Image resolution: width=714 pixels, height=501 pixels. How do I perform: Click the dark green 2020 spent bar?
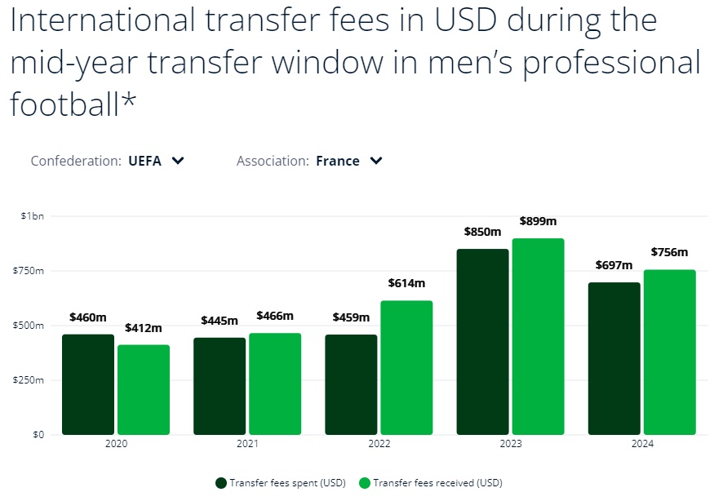tap(88, 384)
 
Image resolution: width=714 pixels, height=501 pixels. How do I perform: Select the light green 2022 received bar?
tap(406, 367)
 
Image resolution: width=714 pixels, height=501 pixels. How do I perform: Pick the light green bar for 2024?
tap(669, 352)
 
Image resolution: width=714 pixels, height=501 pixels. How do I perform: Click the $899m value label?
tap(538, 221)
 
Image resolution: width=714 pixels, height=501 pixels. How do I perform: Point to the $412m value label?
tap(144, 328)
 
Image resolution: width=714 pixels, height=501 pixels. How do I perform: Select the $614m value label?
tap(406, 283)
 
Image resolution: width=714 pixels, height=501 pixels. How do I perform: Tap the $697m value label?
tap(614, 265)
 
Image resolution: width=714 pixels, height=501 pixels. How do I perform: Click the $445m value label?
tap(220, 320)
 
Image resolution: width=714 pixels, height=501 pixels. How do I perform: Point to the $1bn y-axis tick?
tap(33, 215)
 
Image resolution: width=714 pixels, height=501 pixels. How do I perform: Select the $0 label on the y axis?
tap(38, 434)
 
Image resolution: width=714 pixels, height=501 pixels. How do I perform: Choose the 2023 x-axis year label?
tap(510, 444)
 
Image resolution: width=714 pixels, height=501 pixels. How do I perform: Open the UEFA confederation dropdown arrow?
tap(179, 161)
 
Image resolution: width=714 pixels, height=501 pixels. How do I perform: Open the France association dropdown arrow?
tap(376, 161)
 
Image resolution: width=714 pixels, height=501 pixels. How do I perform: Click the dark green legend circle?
tap(221, 483)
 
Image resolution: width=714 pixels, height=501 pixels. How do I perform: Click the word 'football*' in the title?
tap(71, 104)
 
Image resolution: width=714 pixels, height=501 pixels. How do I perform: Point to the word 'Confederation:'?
tap(76, 161)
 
